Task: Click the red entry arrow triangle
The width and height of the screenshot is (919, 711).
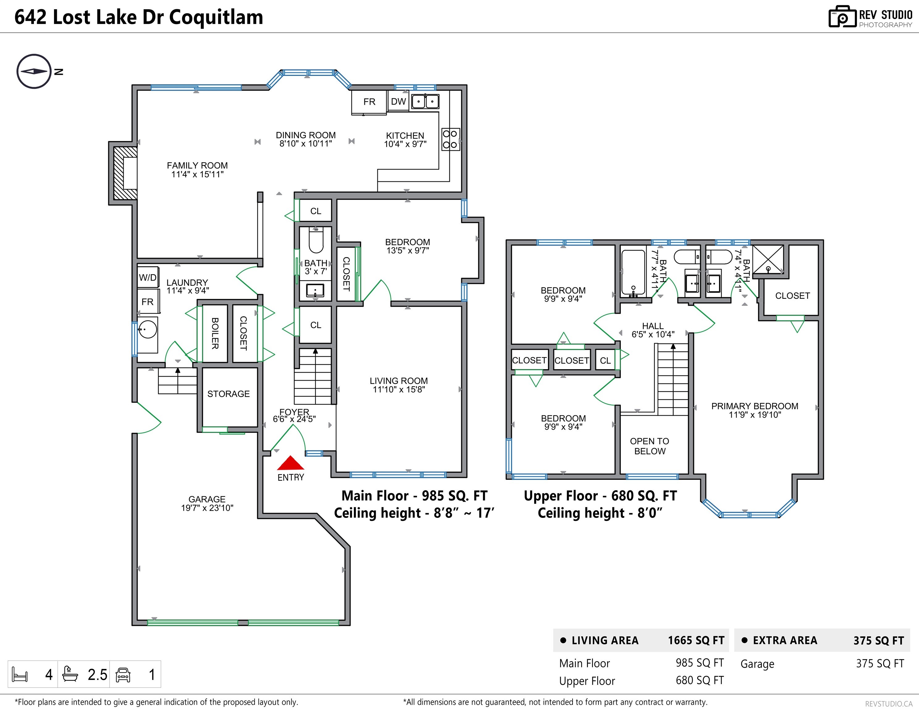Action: pos(290,464)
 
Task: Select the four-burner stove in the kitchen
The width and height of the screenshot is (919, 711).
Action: pos(450,139)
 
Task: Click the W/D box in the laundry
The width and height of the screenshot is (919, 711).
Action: pos(148,277)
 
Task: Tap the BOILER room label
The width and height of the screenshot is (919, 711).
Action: pos(215,333)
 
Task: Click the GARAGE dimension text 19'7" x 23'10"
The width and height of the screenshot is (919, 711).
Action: pos(207,508)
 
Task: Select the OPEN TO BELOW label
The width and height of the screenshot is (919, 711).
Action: pos(650,446)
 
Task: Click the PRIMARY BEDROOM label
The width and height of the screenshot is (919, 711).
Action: pos(754,406)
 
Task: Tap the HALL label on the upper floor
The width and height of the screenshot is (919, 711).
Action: pos(653,326)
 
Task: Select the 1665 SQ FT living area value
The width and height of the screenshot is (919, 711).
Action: pos(696,640)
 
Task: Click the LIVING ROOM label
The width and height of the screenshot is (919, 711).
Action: pos(398,381)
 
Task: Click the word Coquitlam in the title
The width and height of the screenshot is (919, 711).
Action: pos(216,17)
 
